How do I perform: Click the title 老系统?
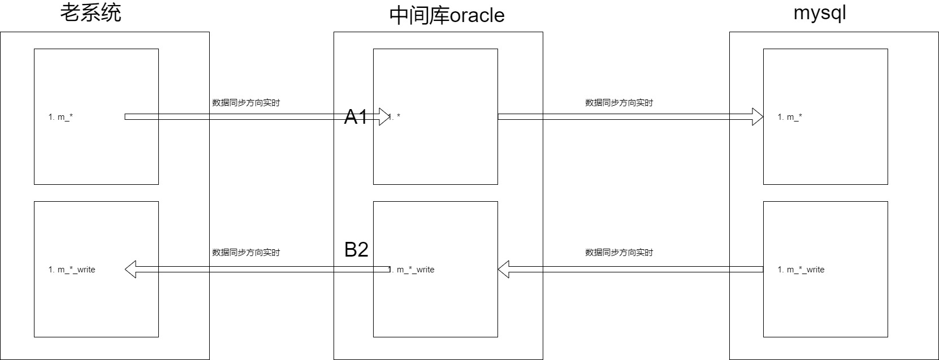91,12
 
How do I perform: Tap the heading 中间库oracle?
447,15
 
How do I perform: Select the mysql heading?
820,12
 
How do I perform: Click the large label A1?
356,116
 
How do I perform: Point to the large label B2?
356,249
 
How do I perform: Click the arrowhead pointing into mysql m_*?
758,116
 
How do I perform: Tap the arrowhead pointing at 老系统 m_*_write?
131,269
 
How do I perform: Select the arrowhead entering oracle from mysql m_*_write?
504,269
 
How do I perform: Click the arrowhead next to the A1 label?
384,116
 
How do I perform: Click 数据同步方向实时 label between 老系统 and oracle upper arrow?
246,103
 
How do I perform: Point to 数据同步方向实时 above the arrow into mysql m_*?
618,103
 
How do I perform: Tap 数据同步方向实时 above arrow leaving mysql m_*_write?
618,252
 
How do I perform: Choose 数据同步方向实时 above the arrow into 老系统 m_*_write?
246,252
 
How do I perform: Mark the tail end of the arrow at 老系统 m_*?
125,116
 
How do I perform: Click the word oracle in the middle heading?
477,15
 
